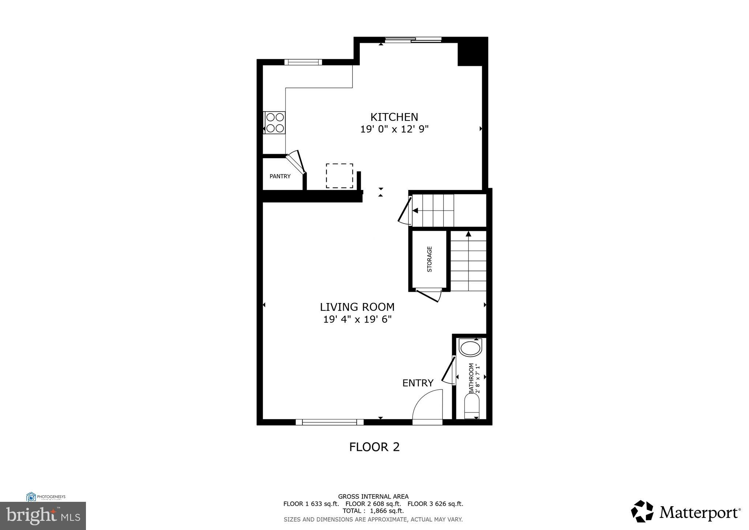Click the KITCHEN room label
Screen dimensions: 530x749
click(x=394, y=117)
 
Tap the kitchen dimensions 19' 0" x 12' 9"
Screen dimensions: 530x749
click(x=394, y=129)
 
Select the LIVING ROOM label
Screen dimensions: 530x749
click(x=357, y=307)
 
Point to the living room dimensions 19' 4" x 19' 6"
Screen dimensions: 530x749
click(x=357, y=320)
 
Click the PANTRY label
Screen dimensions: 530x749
click(x=280, y=176)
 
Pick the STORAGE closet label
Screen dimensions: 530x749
click(x=429, y=259)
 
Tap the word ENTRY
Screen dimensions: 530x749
click(x=418, y=383)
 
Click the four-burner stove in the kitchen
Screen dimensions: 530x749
click(x=275, y=123)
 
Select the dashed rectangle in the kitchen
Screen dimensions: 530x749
click(x=339, y=176)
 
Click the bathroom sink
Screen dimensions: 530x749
click(x=470, y=348)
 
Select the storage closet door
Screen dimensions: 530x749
click(x=429, y=295)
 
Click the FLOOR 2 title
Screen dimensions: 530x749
click(x=374, y=447)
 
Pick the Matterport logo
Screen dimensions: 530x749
click(x=686, y=511)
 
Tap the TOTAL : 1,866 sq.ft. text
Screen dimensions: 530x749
click(x=373, y=511)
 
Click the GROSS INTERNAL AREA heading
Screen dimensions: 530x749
click(x=373, y=497)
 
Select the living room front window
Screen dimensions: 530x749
click(x=330, y=422)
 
